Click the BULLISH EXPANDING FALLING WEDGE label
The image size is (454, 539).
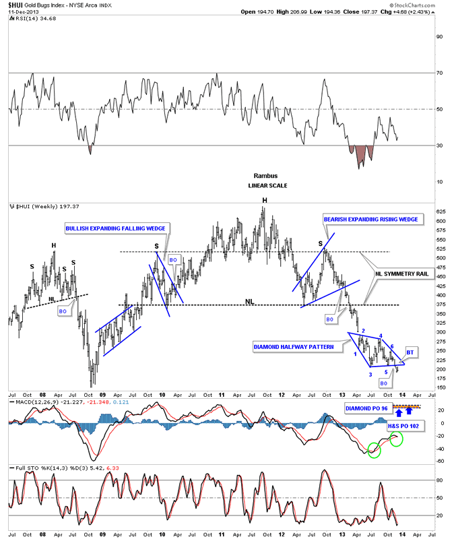pyautogui.click(x=115, y=229)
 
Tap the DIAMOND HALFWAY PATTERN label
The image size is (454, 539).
pyautogui.click(x=294, y=347)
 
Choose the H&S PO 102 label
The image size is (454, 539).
pyautogui.click(x=404, y=426)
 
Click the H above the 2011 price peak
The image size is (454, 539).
pyautogui.click(x=265, y=200)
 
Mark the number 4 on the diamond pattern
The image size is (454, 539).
pyautogui.click(x=381, y=336)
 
